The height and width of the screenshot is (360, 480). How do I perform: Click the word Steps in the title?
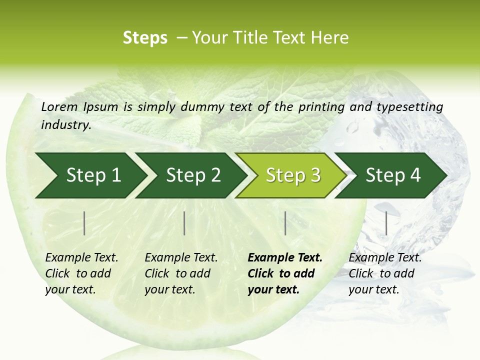145,38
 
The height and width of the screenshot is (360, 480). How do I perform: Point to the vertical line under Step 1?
84,223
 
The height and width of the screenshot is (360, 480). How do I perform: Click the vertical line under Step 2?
184,223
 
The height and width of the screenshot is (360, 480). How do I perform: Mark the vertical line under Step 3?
285,223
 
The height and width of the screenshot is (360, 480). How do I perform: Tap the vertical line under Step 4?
386,223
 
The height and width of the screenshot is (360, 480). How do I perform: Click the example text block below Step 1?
81,273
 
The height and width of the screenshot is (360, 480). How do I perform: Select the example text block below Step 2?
180,273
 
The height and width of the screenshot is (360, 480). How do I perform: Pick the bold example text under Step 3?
284,273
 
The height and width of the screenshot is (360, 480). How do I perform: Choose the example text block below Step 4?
384,273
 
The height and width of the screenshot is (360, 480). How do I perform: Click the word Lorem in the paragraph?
59,106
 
